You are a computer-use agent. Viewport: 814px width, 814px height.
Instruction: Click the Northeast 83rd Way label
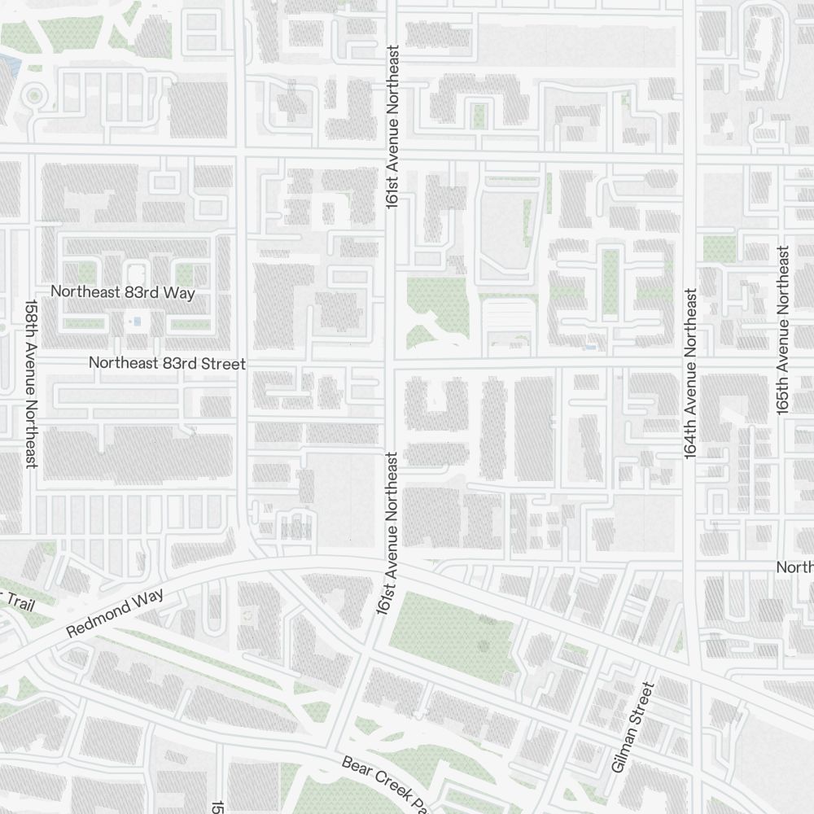point(123,292)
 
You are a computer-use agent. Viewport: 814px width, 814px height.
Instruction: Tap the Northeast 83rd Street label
point(167,364)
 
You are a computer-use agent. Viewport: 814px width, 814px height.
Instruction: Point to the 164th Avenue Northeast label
point(690,374)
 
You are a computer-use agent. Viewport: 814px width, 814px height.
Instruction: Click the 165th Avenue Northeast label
point(783,331)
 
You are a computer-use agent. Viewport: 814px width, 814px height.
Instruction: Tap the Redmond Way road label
point(115,613)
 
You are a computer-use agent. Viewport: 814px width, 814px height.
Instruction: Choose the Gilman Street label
point(632,728)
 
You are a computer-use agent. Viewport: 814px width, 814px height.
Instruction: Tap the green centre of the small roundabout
point(33,96)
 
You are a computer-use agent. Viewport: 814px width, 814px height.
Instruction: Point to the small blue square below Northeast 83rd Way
point(137,322)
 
